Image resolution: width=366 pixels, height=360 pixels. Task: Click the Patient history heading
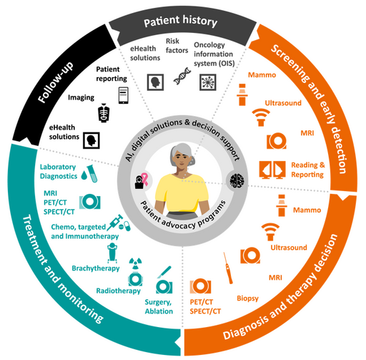180,21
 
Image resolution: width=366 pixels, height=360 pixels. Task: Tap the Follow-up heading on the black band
56,82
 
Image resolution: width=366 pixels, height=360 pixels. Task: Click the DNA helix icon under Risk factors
182,76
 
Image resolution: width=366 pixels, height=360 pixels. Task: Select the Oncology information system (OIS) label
214,54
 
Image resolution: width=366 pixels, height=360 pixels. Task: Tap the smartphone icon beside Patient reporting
124,95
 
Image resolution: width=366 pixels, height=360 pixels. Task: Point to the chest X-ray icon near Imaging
104,113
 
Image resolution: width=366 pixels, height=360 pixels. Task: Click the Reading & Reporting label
308,170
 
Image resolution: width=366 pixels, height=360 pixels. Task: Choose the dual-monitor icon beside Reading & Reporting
272,170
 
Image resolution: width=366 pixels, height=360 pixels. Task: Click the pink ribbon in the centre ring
144,180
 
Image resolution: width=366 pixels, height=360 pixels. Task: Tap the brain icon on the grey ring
237,180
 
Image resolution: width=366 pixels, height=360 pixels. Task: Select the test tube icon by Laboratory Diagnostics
92,173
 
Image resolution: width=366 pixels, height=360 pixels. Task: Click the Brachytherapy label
96,268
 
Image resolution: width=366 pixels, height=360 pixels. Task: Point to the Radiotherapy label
118,291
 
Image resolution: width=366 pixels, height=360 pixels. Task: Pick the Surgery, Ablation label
159,306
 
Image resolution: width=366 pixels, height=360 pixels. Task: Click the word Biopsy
247,298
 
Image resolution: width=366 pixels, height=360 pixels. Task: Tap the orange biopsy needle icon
228,268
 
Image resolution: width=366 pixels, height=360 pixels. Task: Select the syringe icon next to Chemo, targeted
114,222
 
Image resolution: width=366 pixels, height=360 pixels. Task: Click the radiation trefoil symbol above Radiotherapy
135,263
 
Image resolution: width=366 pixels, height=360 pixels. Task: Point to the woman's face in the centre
182,159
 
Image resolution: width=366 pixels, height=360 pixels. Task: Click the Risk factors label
177,46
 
